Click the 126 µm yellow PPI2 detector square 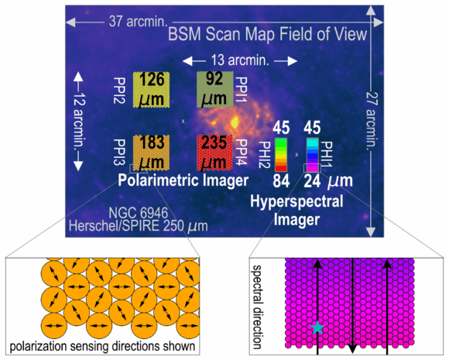pyautogui.click(x=151, y=90)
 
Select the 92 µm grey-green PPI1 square pyautogui.click(x=214, y=90)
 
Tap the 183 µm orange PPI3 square pyautogui.click(x=151, y=153)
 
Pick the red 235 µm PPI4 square pyautogui.click(x=214, y=153)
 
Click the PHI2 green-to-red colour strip pyautogui.click(x=281, y=155)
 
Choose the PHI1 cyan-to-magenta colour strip pyautogui.click(x=313, y=155)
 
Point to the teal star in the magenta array pyautogui.click(x=317, y=327)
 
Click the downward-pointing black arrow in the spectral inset pyautogui.click(x=352, y=306)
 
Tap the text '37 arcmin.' pyautogui.click(x=138, y=22)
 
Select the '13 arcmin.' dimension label pyautogui.click(x=240, y=60)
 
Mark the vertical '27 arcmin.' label pyautogui.click(x=372, y=120)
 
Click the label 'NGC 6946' pyautogui.click(x=139, y=213)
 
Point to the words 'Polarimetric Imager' pyautogui.click(x=183, y=180)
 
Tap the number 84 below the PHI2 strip pyautogui.click(x=281, y=181)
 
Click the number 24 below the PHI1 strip pyautogui.click(x=312, y=181)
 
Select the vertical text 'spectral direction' pyautogui.click(x=257, y=307)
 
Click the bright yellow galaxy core pyautogui.click(x=235, y=122)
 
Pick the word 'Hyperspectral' pyautogui.click(x=296, y=201)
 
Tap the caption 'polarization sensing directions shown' pyautogui.click(x=102, y=346)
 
